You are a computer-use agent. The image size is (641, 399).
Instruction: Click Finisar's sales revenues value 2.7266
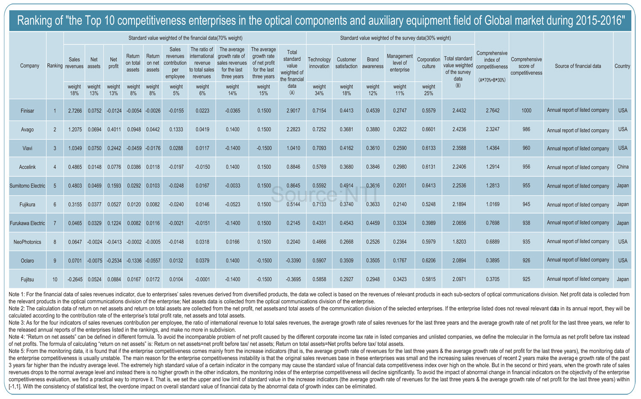click(x=75, y=111)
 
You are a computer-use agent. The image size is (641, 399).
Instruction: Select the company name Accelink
click(x=27, y=167)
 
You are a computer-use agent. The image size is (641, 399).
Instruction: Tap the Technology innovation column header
click(x=319, y=63)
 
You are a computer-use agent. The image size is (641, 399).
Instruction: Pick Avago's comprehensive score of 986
click(x=526, y=129)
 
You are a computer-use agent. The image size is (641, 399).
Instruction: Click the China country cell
click(x=623, y=166)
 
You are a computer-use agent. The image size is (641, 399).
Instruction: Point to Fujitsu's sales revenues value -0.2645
click(x=75, y=279)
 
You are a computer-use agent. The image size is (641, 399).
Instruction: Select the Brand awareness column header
click(x=373, y=63)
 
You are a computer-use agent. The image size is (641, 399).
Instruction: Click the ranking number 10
click(x=55, y=279)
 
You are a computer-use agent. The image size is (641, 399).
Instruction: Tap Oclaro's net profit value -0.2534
click(x=114, y=261)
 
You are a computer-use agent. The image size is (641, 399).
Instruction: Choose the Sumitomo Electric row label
click(x=27, y=186)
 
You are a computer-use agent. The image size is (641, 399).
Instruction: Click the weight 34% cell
click(x=319, y=90)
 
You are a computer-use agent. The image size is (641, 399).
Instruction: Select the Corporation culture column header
click(x=428, y=63)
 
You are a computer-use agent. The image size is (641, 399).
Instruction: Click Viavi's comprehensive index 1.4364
click(x=492, y=148)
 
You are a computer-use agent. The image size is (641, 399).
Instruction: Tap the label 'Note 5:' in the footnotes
click(x=16, y=351)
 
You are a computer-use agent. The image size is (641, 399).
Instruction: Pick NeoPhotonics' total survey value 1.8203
click(x=459, y=242)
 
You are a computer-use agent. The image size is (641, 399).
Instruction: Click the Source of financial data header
click(x=578, y=66)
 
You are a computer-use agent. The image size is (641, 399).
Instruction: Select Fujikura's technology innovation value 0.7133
click(x=319, y=204)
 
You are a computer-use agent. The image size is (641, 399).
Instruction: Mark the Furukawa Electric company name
click(x=27, y=223)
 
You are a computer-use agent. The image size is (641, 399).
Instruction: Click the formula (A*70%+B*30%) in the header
click(x=492, y=80)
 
